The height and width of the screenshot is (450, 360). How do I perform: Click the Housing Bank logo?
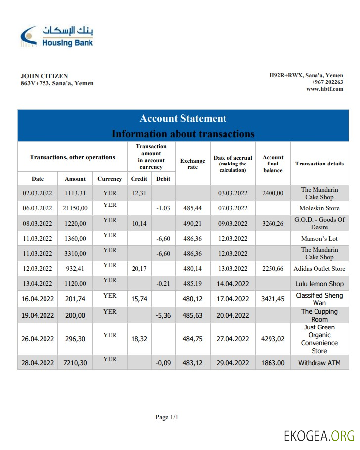coord(57,36)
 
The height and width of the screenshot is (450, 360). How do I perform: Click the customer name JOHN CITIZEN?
coord(44,76)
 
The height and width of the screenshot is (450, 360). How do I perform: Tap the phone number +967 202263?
coord(327,82)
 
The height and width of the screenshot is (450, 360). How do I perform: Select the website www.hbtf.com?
coord(324,89)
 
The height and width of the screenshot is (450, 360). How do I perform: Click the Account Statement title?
coord(183,118)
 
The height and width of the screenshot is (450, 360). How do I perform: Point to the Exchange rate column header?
coord(192,164)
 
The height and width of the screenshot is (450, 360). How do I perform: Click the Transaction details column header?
coord(319,164)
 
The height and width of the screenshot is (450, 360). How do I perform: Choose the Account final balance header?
coord(273,164)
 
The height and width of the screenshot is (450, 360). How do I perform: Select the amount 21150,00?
coord(75,208)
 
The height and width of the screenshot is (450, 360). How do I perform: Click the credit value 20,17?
coord(139,269)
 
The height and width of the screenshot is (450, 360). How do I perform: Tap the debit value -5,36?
coord(163,315)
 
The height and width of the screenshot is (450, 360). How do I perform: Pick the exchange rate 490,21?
coord(192,223)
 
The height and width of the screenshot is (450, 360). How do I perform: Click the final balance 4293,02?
coord(273,339)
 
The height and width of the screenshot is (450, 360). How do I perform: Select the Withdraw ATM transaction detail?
coord(319,363)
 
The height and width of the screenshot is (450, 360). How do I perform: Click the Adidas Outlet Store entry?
coord(319,269)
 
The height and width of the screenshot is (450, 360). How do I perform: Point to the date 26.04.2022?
coord(38,339)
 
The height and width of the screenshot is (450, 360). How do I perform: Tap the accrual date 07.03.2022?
coord(232,208)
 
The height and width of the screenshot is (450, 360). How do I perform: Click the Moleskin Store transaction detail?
coord(319,208)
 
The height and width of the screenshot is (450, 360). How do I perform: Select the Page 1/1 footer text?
coord(167,417)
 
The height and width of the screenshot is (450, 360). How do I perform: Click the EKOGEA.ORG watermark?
coord(319,436)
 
